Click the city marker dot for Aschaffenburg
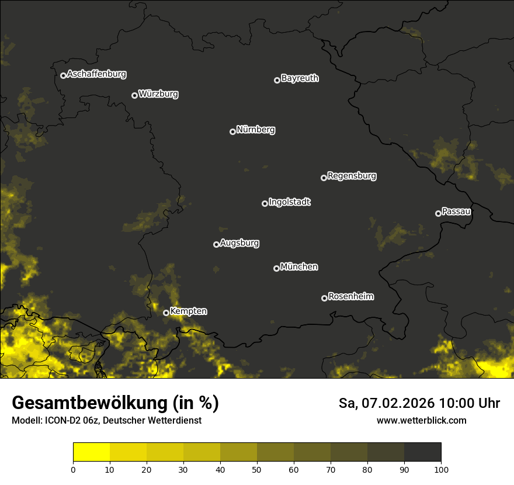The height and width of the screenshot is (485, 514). [x=63, y=75]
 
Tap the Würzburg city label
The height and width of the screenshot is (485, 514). [x=158, y=93]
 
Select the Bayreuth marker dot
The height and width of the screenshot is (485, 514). [x=277, y=80]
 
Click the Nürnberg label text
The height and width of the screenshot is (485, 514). [x=255, y=130]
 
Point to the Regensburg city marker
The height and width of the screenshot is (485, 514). [x=324, y=178]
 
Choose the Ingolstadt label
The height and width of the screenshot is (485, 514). [x=290, y=202]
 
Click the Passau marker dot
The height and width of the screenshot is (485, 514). [x=438, y=213]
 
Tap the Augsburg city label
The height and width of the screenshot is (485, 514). [x=239, y=243]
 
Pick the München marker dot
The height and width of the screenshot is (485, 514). [x=276, y=268]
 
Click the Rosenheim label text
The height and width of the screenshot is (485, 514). [x=350, y=296]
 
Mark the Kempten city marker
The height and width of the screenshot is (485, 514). [x=166, y=313]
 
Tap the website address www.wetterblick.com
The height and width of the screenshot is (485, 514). [x=421, y=420]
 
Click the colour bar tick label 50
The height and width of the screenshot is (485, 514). [x=257, y=469]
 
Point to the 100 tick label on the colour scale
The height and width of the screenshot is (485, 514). [x=440, y=469]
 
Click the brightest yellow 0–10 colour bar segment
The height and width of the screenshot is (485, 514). [x=92, y=452]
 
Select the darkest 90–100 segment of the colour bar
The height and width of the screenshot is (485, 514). [x=422, y=452]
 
